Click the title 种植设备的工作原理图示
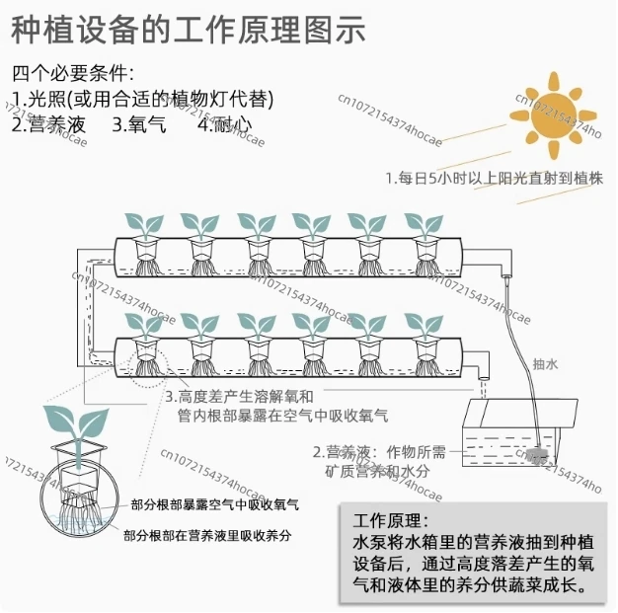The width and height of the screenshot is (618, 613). tap(189, 30)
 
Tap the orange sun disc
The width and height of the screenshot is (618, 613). tap(554, 115)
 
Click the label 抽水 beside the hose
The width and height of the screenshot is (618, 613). tap(546, 364)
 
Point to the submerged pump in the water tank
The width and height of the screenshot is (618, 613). tap(537, 455)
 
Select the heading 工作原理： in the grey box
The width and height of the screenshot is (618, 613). tap(391, 520)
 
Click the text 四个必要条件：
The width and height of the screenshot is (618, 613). tap(73, 73)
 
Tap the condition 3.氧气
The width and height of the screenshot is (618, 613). tap(139, 124)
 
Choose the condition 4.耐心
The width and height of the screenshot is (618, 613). tap(225, 124)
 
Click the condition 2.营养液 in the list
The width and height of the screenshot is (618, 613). tap(48, 124)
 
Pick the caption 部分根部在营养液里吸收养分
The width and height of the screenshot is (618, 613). tap(207, 535)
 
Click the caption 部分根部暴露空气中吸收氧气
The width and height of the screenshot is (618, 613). tap(215, 504)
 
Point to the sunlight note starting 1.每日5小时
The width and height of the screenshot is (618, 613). tap(495, 179)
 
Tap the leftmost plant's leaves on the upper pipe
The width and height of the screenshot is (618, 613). tap(144, 225)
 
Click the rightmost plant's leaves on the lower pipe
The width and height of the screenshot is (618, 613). tap(425, 325)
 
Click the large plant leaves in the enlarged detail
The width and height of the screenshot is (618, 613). tap(76, 421)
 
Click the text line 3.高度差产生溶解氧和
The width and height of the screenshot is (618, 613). tap(239, 397)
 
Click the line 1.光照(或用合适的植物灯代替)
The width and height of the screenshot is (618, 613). tap(143, 99)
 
